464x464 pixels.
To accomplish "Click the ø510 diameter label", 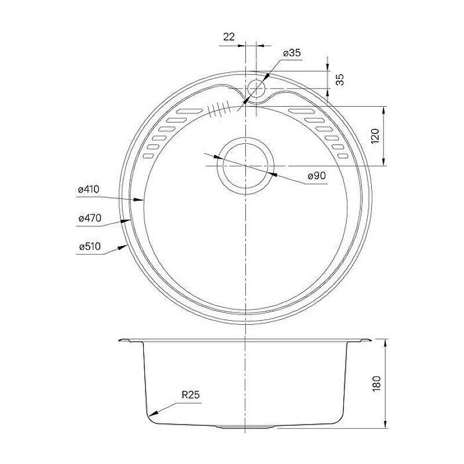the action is point(90,246).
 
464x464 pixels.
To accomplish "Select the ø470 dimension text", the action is point(90,218).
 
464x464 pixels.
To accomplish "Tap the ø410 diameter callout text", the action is point(89,190).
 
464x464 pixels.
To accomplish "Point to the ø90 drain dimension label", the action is point(317,176).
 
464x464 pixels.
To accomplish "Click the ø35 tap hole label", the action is point(292,53).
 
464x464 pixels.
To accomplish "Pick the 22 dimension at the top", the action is point(229,37).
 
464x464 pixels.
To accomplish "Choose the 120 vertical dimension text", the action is point(375,136).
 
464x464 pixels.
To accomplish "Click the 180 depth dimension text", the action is point(376,384).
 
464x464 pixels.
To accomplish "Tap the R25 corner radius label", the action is point(191,394).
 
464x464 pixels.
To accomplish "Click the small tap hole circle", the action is point(256,89).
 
